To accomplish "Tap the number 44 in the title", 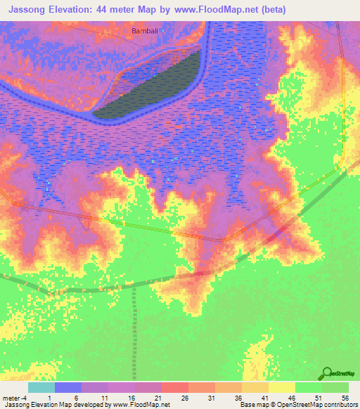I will point(120,9).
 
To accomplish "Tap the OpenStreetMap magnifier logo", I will point(328,372).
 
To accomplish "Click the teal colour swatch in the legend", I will point(41,387).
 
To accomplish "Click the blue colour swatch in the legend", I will point(67,387).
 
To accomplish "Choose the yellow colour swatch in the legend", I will point(281,387).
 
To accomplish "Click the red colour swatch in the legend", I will point(174,387).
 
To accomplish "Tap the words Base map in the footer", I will point(250,405).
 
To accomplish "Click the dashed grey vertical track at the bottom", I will point(134,330).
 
